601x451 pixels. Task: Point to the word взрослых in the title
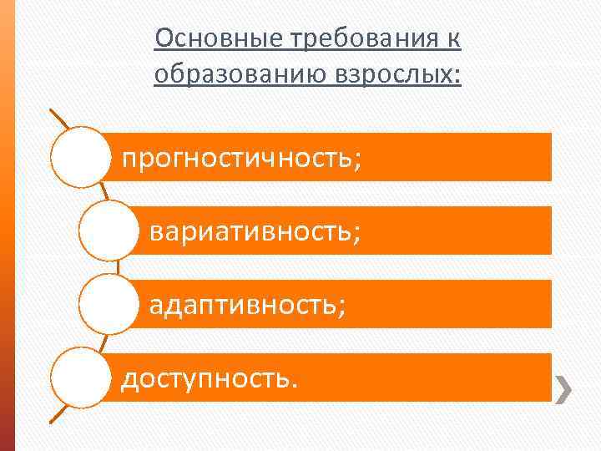pos(391,74)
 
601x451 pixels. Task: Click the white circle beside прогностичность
pos(81,156)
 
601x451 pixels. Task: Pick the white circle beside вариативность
pos(109,230)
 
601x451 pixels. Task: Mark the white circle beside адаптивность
pos(109,304)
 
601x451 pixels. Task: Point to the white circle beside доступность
pos(81,378)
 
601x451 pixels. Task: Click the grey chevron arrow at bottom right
pos(564,387)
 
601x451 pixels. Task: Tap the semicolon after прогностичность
pos(358,159)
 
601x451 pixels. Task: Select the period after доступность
pos(292,385)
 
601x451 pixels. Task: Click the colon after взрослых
pos(457,77)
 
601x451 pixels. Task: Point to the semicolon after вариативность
pos(357,233)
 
